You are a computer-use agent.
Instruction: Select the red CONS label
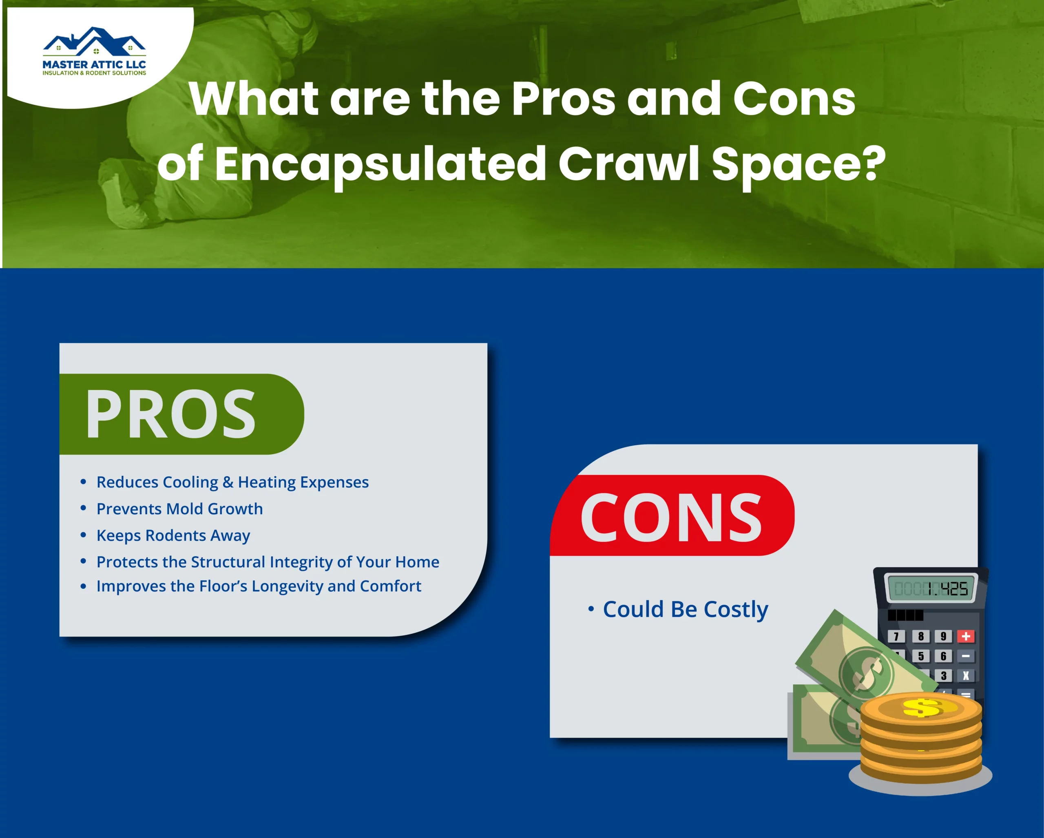(x=671, y=517)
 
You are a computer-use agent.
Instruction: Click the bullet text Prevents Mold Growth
(x=180, y=509)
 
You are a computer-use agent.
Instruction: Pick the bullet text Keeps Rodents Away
(x=173, y=535)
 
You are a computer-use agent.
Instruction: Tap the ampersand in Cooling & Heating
(x=228, y=482)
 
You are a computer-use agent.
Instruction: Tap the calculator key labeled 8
(x=920, y=636)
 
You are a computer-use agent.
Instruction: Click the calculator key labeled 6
(x=943, y=656)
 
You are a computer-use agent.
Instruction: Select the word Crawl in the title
(x=628, y=164)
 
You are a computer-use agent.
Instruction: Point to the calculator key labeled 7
(x=896, y=636)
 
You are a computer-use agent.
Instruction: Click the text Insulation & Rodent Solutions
(x=95, y=73)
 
